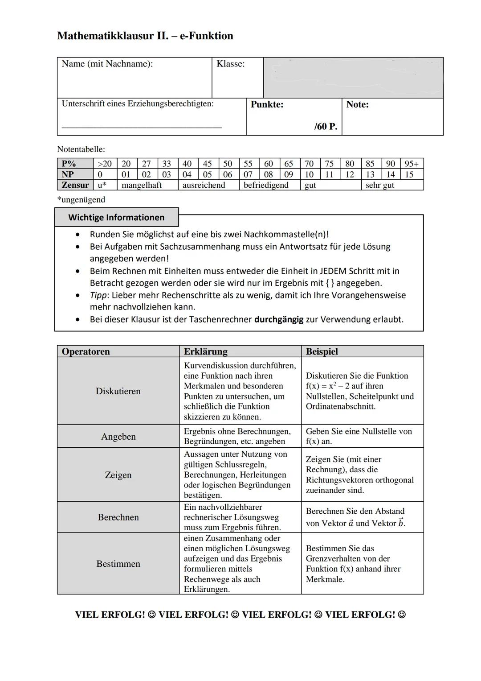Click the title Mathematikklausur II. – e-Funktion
pos(145,36)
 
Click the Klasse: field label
pos(230,64)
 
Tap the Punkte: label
pos(267,104)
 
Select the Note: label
pos(357,104)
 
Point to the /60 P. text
pos(326,126)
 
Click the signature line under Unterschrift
pos(141,128)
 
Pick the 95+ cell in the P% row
pos(412,164)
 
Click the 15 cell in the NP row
pos(409,174)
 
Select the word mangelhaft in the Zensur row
pos(141,185)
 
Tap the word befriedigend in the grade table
pos(266,185)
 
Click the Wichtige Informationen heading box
pos(116,217)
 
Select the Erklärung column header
pos(205,351)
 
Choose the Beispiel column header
pos(322,351)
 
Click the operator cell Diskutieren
pos(118,391)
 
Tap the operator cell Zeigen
pos(118,475)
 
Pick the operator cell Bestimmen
pos(118,564)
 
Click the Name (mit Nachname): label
pos(107,64)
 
